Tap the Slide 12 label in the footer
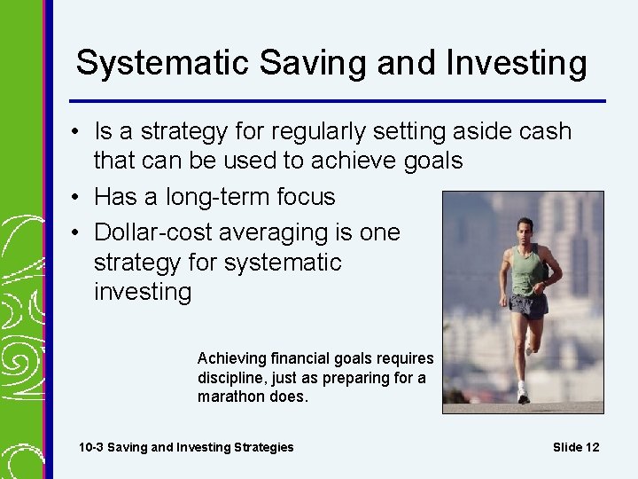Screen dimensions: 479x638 coord(576,447)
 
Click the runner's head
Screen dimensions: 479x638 coord(527,228)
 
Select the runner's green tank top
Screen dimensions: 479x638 coord(528,271)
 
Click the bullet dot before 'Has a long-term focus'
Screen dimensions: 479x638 coord(79,196)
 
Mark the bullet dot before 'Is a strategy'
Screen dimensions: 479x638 coord(79,133)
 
